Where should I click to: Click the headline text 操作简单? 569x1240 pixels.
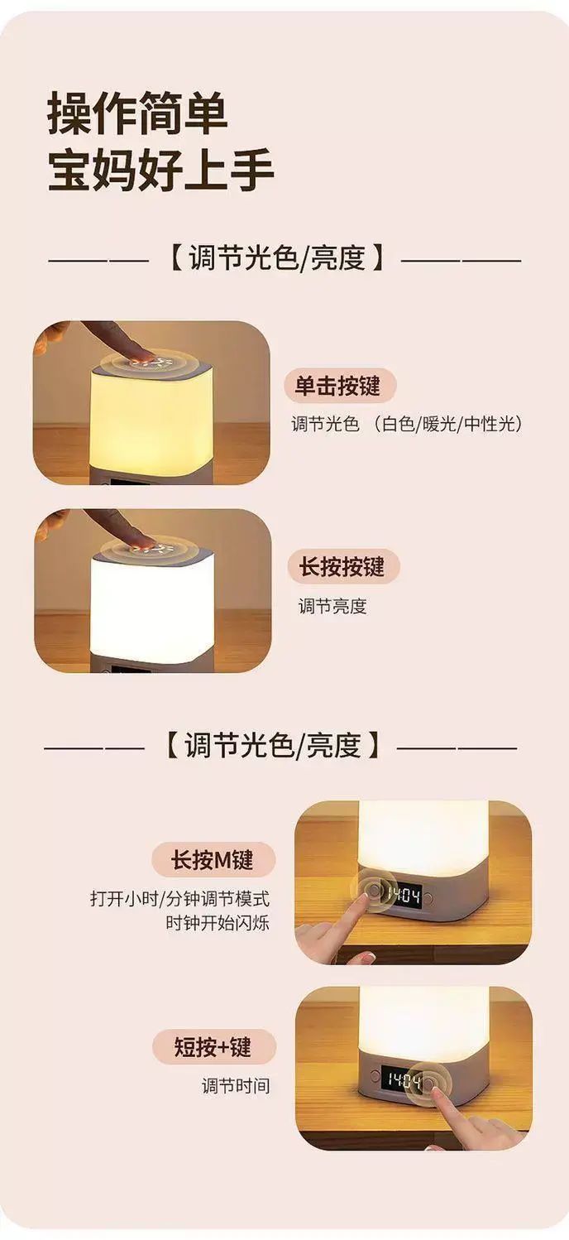137,113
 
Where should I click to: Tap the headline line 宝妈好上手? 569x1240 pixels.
161,171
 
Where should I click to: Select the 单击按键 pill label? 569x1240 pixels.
340,385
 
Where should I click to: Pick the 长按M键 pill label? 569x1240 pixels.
213,859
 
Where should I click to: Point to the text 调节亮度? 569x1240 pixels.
332,606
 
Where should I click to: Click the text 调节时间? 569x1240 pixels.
236,1086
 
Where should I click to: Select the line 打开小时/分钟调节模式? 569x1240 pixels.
179,897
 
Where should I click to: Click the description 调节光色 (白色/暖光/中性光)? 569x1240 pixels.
407,424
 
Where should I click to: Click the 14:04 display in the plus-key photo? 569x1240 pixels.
404,1079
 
